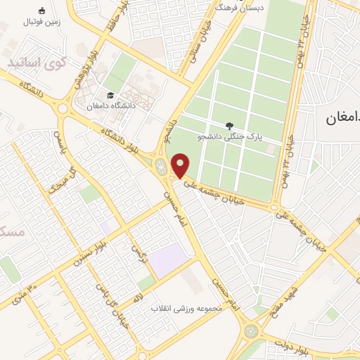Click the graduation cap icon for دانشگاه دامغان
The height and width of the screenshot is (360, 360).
click(110, 96)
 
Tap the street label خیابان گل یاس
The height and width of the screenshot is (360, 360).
click(112, 302)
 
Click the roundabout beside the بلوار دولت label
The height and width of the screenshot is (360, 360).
click(251, 330)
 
